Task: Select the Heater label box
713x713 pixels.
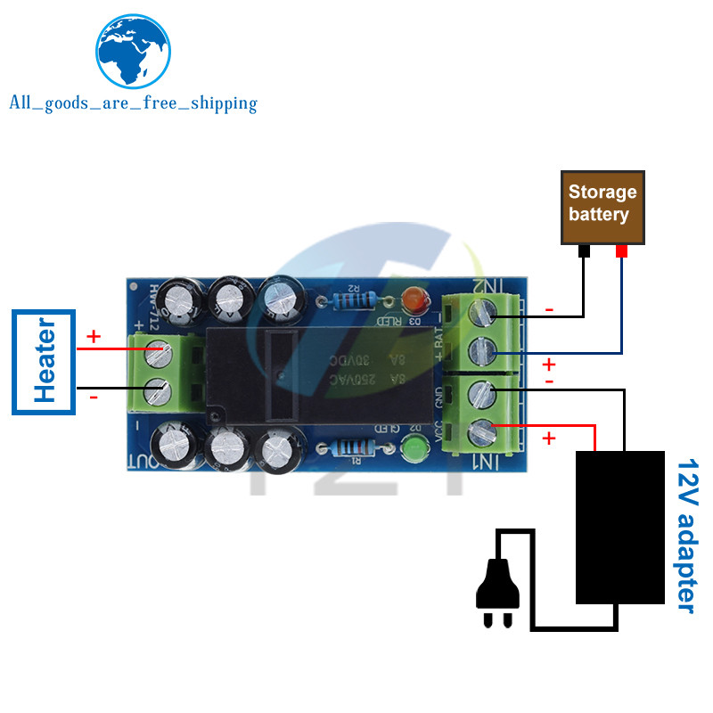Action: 45,362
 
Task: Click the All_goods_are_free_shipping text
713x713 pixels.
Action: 133,103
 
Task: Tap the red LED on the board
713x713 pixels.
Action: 412,299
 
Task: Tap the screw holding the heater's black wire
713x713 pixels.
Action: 158,389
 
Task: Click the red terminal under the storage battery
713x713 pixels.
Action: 621,251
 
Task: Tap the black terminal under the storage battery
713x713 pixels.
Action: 584,251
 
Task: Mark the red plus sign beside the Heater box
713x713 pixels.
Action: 94,338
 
